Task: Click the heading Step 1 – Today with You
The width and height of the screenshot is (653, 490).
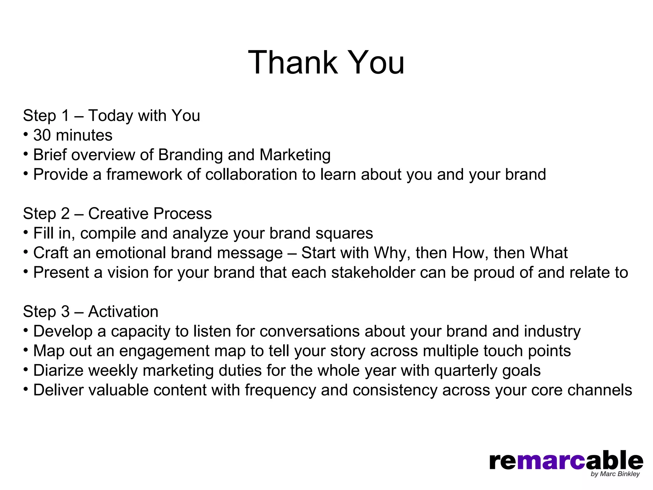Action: click(x=111, y=115)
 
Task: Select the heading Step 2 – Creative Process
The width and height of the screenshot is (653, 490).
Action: click(x=117, y=213)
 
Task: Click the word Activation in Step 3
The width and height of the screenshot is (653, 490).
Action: click(x=123, y=312)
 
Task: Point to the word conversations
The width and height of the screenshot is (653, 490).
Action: click(x=309, y=331)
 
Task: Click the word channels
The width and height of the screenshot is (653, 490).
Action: click(x=599, y=390)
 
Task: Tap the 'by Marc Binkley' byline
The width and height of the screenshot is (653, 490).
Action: click(x=615, y=474)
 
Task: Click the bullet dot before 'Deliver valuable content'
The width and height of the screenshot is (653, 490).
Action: click(x=26, y=389)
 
